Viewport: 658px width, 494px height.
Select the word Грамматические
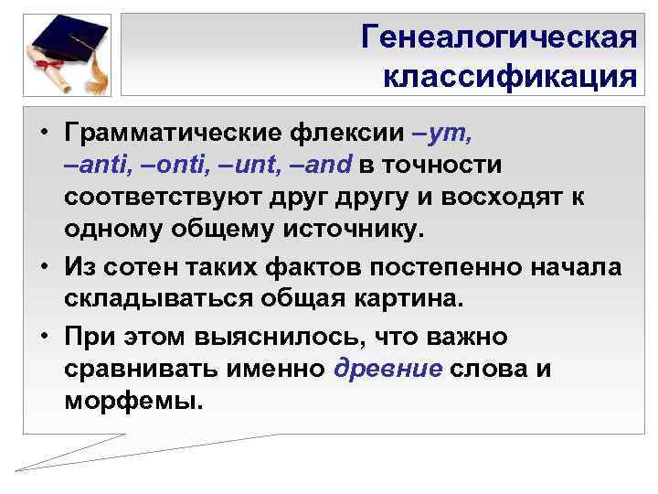(x=170, y=134)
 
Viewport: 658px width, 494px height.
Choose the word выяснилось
(x=274, y=338)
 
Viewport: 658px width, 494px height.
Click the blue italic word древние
(x=389, y=369)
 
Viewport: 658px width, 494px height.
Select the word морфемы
(x=133, y=401)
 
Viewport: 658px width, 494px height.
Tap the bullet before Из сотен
(x=42, y=269)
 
